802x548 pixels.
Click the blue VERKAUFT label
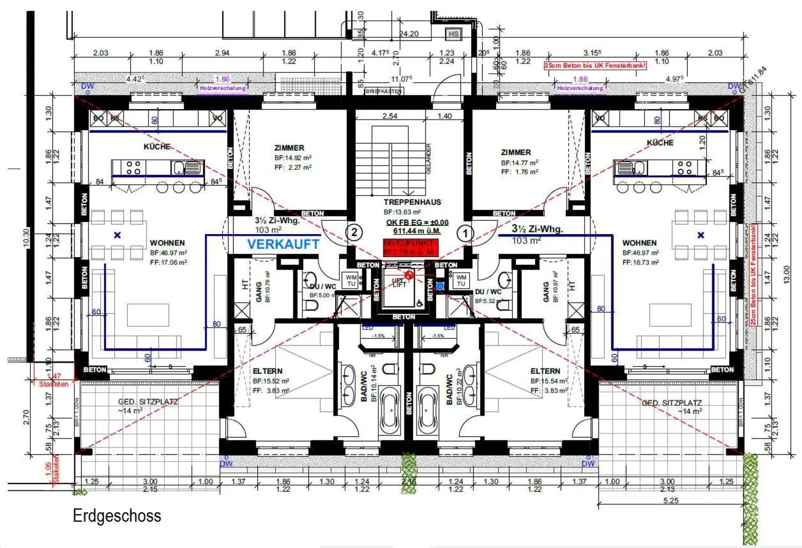tap(283, 244)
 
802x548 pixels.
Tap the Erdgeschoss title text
tap(117, 516)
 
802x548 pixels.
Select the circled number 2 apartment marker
tap(354, 233)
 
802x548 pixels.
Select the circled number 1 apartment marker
tap(466, 233)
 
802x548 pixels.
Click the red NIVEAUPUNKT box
tap(410, 248)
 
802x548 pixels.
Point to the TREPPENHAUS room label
tap(412, 203)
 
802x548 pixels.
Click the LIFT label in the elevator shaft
tap(399, 284)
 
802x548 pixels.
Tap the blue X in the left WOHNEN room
tap(118, 235)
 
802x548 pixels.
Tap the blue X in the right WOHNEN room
tap(701, 235)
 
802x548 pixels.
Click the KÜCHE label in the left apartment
tap(157, 146)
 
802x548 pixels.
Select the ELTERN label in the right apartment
tap(545, 371)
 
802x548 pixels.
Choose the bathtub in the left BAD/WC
tap(389, 412)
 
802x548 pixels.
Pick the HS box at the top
tap(453, 34)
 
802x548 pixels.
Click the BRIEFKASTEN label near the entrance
tap(384, 91)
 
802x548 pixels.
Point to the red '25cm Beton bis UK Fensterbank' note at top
tap(595, 66)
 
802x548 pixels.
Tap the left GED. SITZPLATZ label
tap(148, 402)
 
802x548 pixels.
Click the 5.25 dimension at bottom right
tap(671, 501)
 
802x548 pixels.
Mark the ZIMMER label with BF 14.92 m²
tap(289, 148)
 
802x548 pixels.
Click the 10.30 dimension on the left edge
tap(26, 238)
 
